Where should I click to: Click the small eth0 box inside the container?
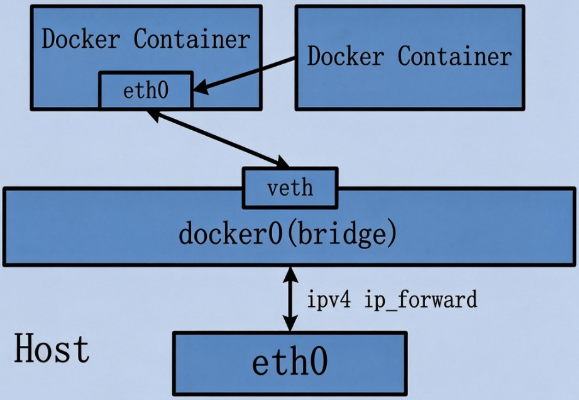point(146,91)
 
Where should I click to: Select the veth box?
point(290,188)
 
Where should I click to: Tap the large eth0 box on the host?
point(290,363)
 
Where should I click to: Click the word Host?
point(52,348)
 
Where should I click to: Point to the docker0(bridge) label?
point(288,233)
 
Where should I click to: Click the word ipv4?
point(329,299)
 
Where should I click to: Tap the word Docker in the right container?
point(346,56)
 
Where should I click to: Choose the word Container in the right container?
point(455,56)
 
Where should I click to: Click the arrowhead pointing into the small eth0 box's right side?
point(201,87)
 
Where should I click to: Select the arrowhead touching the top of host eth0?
point(290,323)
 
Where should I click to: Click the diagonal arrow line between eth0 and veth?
point(218,139)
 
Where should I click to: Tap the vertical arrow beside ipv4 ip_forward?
point(290,299)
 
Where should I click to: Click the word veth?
point(290,188)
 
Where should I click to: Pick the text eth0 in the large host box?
point(290,362)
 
